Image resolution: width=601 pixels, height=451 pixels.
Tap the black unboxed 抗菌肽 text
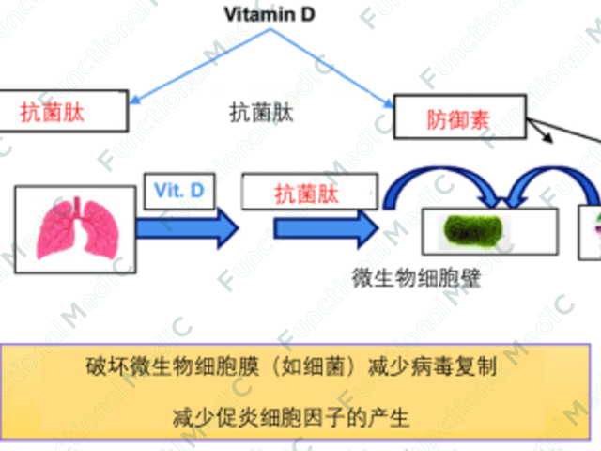coord(261,113)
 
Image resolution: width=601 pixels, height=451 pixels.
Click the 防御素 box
coord(458,119)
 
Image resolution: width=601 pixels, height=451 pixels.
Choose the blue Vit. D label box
coord(177,191)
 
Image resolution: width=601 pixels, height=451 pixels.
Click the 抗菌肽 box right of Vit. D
coord(304,193)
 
